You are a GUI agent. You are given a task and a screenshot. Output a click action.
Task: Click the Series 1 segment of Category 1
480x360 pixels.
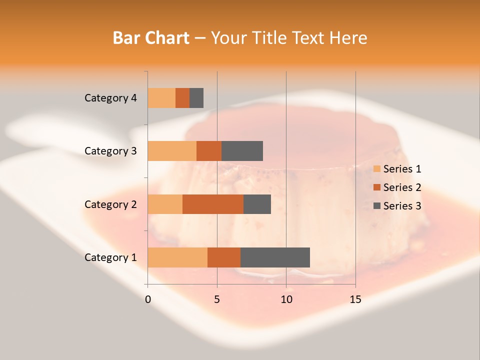tap(177, 257)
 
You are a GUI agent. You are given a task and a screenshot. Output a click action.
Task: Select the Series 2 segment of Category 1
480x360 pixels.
tap(224, 257)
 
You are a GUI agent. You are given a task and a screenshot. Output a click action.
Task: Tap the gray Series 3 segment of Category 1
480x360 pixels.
tap(275, 257)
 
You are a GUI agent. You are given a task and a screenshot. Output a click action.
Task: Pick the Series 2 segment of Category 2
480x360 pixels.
tap(213, 204)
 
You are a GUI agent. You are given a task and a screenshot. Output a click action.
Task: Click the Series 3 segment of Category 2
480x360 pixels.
tap(257, 204)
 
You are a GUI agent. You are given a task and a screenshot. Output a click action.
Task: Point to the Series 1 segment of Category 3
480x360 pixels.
tap(172, 151)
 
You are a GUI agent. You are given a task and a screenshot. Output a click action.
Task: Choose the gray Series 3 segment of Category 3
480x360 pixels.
tap(242, 151)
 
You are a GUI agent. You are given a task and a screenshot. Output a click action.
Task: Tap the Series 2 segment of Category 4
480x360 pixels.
tap(182, 98)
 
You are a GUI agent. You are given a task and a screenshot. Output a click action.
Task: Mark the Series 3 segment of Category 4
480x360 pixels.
tap(196, 98)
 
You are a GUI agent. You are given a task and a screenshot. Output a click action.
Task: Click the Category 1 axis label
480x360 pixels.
tap(110, 257)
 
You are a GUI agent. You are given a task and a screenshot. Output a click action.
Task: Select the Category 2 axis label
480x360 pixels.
tap(110, 204)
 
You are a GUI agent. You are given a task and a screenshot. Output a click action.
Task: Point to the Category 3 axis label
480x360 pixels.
tap(110, 151)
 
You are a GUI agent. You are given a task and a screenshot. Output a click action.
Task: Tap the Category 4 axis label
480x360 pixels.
tap(110, 98)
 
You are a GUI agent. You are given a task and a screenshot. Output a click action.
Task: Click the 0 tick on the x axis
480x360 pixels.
tap(148, 300)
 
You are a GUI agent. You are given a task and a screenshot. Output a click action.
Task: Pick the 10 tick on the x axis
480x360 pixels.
tap(286, 300)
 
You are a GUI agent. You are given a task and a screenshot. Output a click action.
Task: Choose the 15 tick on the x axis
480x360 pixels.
tap(355, 300)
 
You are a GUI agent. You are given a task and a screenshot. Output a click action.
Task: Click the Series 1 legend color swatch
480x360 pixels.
tap(376, 169)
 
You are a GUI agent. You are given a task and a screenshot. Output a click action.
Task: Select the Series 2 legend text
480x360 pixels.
tap(402, 187)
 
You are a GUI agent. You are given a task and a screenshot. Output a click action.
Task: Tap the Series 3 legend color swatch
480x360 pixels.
tap(376, 206)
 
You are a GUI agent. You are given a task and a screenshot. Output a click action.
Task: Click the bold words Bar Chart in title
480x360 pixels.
tap(151, 38)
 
